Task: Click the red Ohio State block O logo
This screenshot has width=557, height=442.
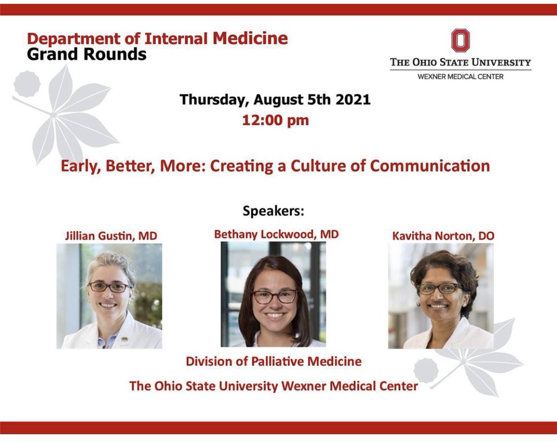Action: (x=460, y=40)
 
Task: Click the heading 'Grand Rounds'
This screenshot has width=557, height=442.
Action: (x=87, y=54)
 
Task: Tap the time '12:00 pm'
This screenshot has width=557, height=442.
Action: (x=275, y=120)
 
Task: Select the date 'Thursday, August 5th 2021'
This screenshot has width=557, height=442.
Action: (x=275, y=100)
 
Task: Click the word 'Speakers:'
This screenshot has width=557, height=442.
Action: (x=273, y=211)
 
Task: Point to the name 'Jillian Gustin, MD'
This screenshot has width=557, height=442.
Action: (x=110, y=236)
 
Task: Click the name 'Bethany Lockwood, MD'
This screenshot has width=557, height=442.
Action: (x=276, y=234)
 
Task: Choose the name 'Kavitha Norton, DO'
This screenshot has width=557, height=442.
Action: (x=443, y=235)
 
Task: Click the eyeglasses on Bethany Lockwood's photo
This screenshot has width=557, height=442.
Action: (x=274, y=296)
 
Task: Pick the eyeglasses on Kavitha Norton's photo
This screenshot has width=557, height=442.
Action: (x=440, y=288)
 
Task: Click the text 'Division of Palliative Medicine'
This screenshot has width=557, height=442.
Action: (x=273, y=361)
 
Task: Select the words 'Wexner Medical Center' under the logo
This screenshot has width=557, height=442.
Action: (x=460, y=77)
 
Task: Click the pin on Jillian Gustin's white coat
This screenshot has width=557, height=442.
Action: (x=124, y=339)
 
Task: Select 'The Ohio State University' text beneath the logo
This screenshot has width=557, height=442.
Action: (x=460, y=62)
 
